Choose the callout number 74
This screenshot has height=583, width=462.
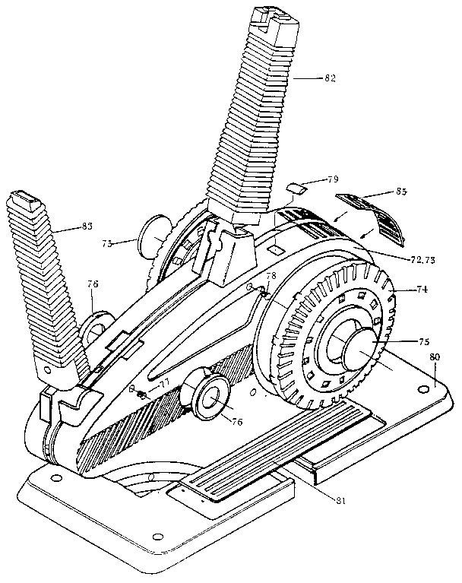pyautogui.click(x=422, y=289)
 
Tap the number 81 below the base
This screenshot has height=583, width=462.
pyautogui.click(x=328, y=499)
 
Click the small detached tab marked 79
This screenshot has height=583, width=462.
pyautogui.click(x=296, y=187)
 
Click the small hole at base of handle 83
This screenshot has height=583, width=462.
pyautogui.click(x=48, y=371)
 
